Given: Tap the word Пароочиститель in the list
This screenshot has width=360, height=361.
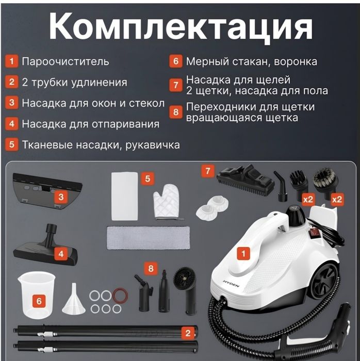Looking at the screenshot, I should (x=66, y=61).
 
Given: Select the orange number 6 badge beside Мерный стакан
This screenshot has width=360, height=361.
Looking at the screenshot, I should (x=176, y=61).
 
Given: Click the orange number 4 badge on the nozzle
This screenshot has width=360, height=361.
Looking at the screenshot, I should (x=60, y=254).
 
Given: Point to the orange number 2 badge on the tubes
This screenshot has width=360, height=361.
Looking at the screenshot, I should (x=189, y=333).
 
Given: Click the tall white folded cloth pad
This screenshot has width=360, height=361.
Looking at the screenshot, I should (x=124, y=196).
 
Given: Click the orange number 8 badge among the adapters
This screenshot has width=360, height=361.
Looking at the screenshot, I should (x=151, y=268).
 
